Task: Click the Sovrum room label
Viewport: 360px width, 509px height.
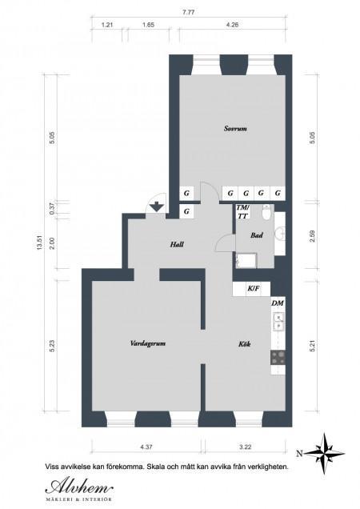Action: click(235, 129)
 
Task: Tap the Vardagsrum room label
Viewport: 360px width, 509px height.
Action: click(148, 343)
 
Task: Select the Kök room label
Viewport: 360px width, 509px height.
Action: click(245, 344)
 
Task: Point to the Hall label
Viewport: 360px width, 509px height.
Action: click(178, 244)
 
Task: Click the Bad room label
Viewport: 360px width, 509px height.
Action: click(257, 235)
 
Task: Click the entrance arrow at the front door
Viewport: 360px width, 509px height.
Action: click(157, 206)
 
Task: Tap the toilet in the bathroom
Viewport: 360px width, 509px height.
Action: click(266, 213)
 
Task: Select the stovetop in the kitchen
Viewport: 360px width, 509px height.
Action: click(278, 358)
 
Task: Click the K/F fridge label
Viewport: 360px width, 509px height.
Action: click(254, 288)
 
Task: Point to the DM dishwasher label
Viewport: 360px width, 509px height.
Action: click(278, 303)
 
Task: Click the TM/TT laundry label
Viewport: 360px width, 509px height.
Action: click(242, 211)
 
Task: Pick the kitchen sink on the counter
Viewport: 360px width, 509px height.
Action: click(278, 322)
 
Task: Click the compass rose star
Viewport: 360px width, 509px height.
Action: click(325, 453)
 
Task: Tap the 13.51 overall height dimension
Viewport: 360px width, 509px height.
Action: click(40, 242)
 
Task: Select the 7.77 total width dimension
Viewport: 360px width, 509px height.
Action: click(188, 13)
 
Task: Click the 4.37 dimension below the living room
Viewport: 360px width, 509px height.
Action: click(146, 447)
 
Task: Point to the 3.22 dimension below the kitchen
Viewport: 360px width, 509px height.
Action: click(246, 447)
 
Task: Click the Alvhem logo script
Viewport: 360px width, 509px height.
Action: click(79, 487)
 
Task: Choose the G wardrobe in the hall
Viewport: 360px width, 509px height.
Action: click(186, 211)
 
